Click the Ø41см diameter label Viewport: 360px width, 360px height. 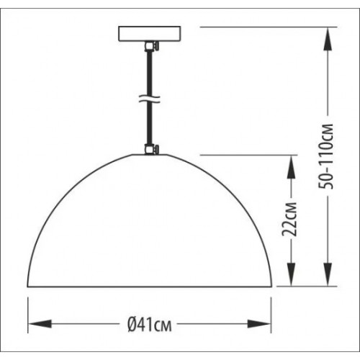point(150,324)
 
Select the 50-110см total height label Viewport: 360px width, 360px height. point(326,156)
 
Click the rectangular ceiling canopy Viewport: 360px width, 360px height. point(149,34)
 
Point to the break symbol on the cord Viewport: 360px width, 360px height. point(149,99)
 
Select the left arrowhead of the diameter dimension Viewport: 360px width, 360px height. point(40,324)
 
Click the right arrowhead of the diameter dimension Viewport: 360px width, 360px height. point(259,324)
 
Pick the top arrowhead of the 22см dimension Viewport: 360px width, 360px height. point(291,167)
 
